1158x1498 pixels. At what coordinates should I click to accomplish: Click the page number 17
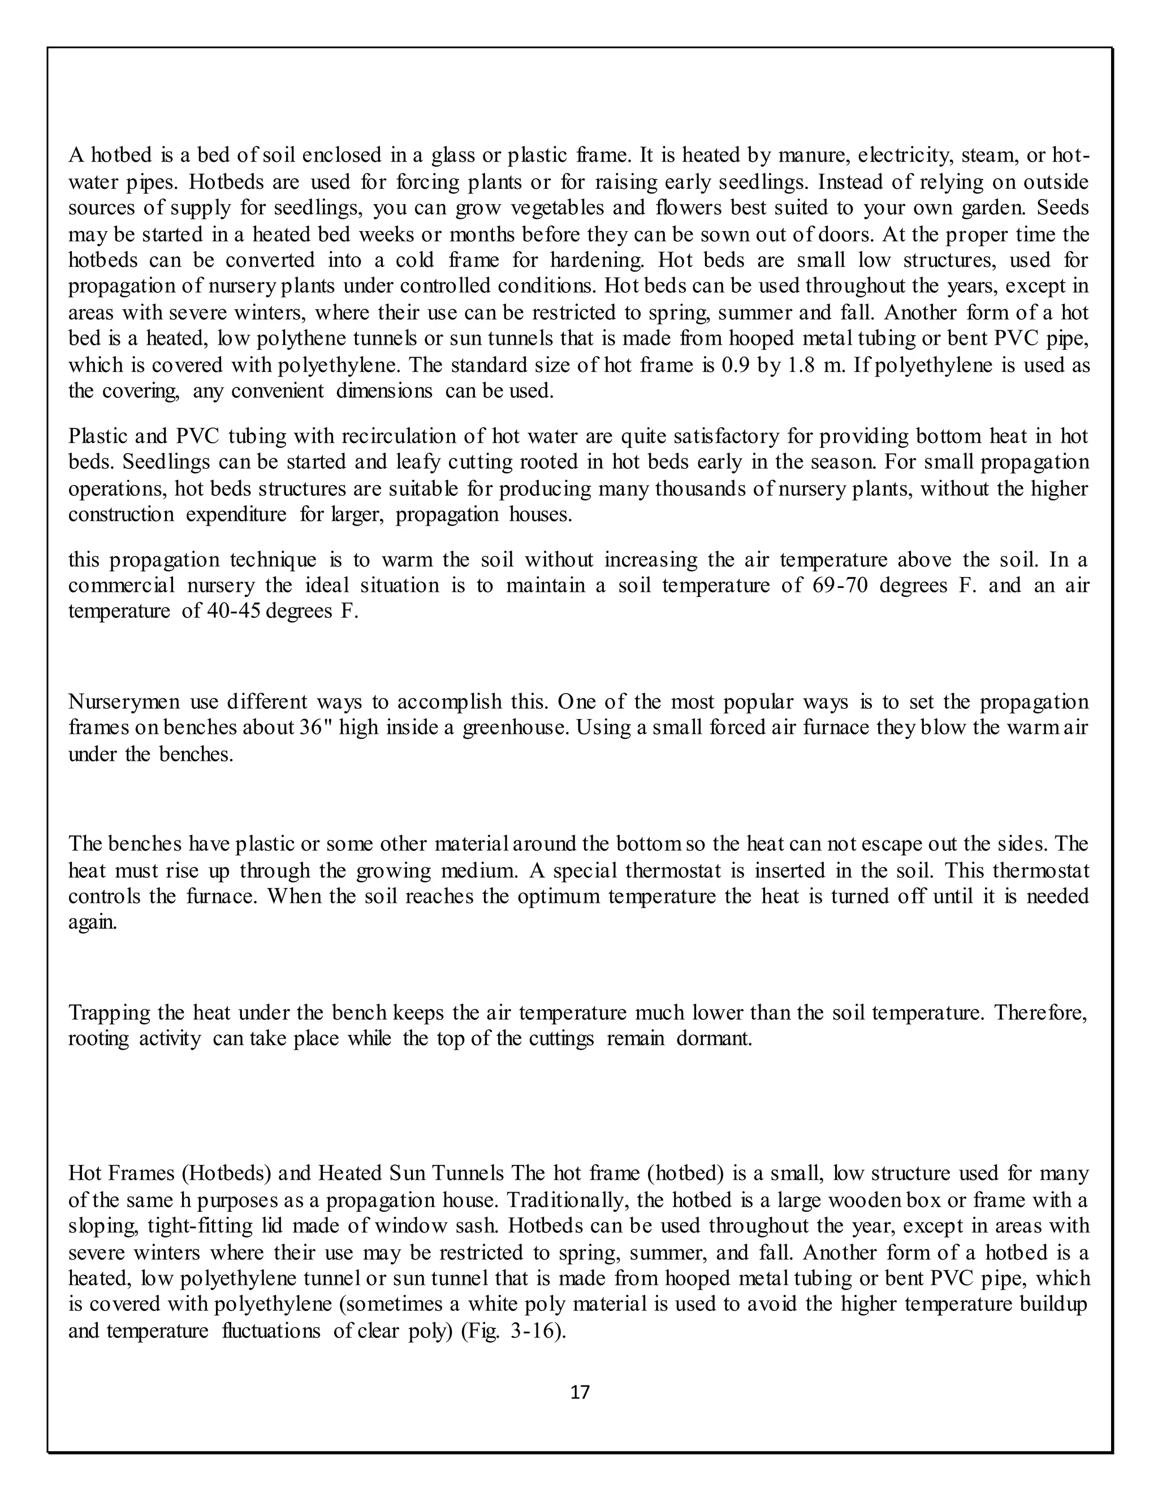click(580, 1392)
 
